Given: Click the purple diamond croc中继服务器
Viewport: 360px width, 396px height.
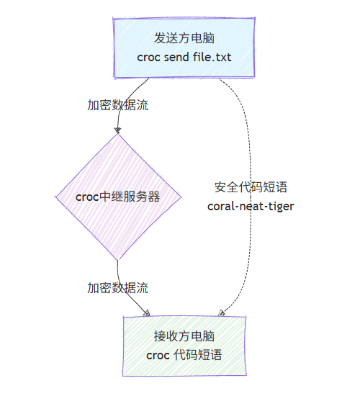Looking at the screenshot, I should pyautogui.click(x=117, y=196).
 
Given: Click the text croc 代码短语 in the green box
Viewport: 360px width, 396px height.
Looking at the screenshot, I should pyautogui.click(x=184, y=355).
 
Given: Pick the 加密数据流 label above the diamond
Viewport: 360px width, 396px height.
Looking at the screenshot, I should pyautogui.click(x=118, y=104).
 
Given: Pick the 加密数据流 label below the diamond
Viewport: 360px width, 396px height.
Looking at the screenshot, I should pyautogui.click(x=118, y=288).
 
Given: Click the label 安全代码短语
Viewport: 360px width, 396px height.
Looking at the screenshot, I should pyautogui.click(x=251, y=187).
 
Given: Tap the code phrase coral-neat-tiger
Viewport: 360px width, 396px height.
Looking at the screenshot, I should pyautogui.click(x=251, y=206).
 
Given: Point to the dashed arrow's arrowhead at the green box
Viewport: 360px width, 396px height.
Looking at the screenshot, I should pyautogui.click(x=222, y=312).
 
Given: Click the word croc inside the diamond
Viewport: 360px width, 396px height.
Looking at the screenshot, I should pyautogui.click(x=87, y=197).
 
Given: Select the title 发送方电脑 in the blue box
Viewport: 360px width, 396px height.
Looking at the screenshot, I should pyautogui.click(x=184, y=38).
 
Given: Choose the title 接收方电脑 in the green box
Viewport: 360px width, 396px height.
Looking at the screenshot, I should pyautogui.click(x=184, y=336).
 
